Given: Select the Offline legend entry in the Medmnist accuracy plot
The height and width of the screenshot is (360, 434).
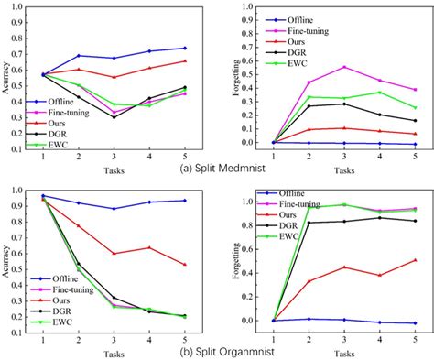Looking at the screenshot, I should tap(74, 104).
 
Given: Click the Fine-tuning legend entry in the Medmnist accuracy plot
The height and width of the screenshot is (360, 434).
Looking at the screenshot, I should tap(83, 116).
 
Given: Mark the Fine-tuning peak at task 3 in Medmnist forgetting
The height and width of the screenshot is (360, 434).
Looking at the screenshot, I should tap(343, 67).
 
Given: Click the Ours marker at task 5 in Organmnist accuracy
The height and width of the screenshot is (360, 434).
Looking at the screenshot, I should tap(185, 265).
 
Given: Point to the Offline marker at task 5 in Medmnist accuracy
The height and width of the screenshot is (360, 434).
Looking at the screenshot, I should tap(185, 48).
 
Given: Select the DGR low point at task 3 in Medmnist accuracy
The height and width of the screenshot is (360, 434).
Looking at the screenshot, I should tap(114, 117).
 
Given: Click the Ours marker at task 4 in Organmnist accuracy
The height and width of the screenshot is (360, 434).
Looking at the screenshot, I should tap(149, 247).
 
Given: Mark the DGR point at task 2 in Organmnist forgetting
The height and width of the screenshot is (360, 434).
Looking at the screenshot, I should tap(308, 223).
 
